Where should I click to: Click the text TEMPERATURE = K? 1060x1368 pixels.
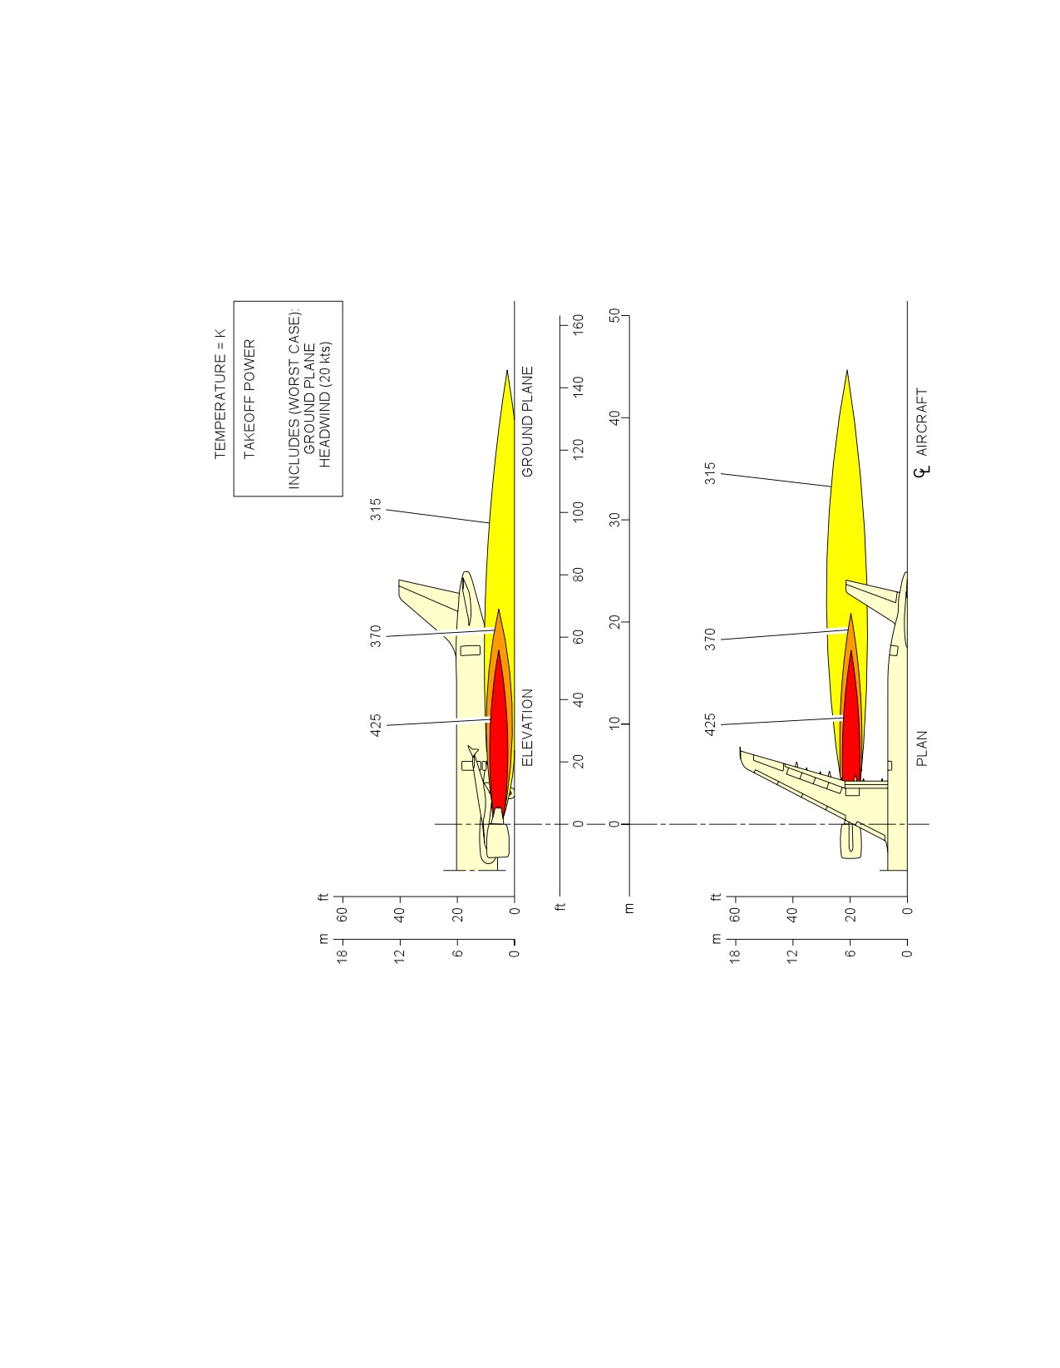tap(219, 393)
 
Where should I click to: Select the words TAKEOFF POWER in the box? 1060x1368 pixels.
tap(249, 399)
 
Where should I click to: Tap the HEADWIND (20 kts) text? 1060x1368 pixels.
tap(324, 405)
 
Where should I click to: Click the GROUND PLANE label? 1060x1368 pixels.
tap(527, 422)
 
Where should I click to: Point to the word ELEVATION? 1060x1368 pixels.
tap(527, 728)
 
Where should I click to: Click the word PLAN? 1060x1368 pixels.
tap(922, 748)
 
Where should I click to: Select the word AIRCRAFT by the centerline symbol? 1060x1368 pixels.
tap(922, 422)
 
